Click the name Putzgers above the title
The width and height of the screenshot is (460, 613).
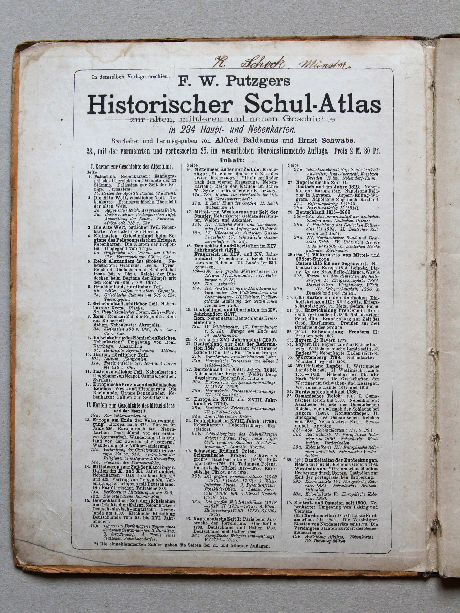[258, 81]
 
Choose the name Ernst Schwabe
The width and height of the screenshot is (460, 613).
[327, 140]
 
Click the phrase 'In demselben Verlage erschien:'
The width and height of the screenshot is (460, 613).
[131, 77]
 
